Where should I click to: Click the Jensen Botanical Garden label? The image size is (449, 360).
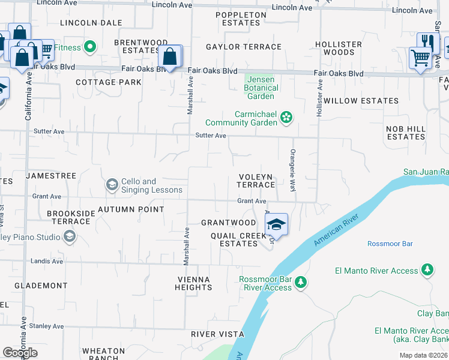click(x=261, y=88)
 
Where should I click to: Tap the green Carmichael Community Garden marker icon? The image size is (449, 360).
click(x=286, y=118)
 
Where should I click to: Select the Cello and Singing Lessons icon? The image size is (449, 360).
click(x=112, y=185)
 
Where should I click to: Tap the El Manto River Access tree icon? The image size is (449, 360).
click(x=427, y=270)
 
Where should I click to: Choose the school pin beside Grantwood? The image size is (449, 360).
click(x=276, y=224)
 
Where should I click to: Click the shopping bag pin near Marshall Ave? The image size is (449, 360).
click(x=170, y=58)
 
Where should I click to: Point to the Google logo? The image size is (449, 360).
click(x=20, y=353)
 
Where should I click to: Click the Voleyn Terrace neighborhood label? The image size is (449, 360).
click(x=256, y=181)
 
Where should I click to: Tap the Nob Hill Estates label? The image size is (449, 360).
click(x=406, y=133)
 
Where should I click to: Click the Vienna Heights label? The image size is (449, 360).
click(x=194, y=283)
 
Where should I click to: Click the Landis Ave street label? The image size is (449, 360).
click(x=49, y=261)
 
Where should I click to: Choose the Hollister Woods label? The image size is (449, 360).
click(x=339, y=48)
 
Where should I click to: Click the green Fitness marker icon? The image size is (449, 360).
click(x=91, y=46)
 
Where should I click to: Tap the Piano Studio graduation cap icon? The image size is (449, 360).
click(x=69, y=237)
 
